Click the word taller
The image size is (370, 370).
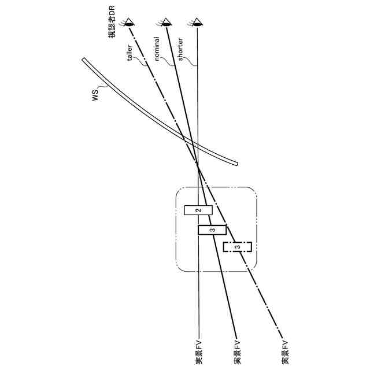[131, 53]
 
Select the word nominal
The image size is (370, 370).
[158, 53]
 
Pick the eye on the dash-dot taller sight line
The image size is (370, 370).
[131, 23]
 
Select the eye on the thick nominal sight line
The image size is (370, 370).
[166, 23]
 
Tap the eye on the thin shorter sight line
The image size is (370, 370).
[198, 23]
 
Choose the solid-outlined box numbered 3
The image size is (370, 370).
[212, 230]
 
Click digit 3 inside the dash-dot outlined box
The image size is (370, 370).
[238, 247]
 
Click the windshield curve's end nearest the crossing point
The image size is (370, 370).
[236, 164]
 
